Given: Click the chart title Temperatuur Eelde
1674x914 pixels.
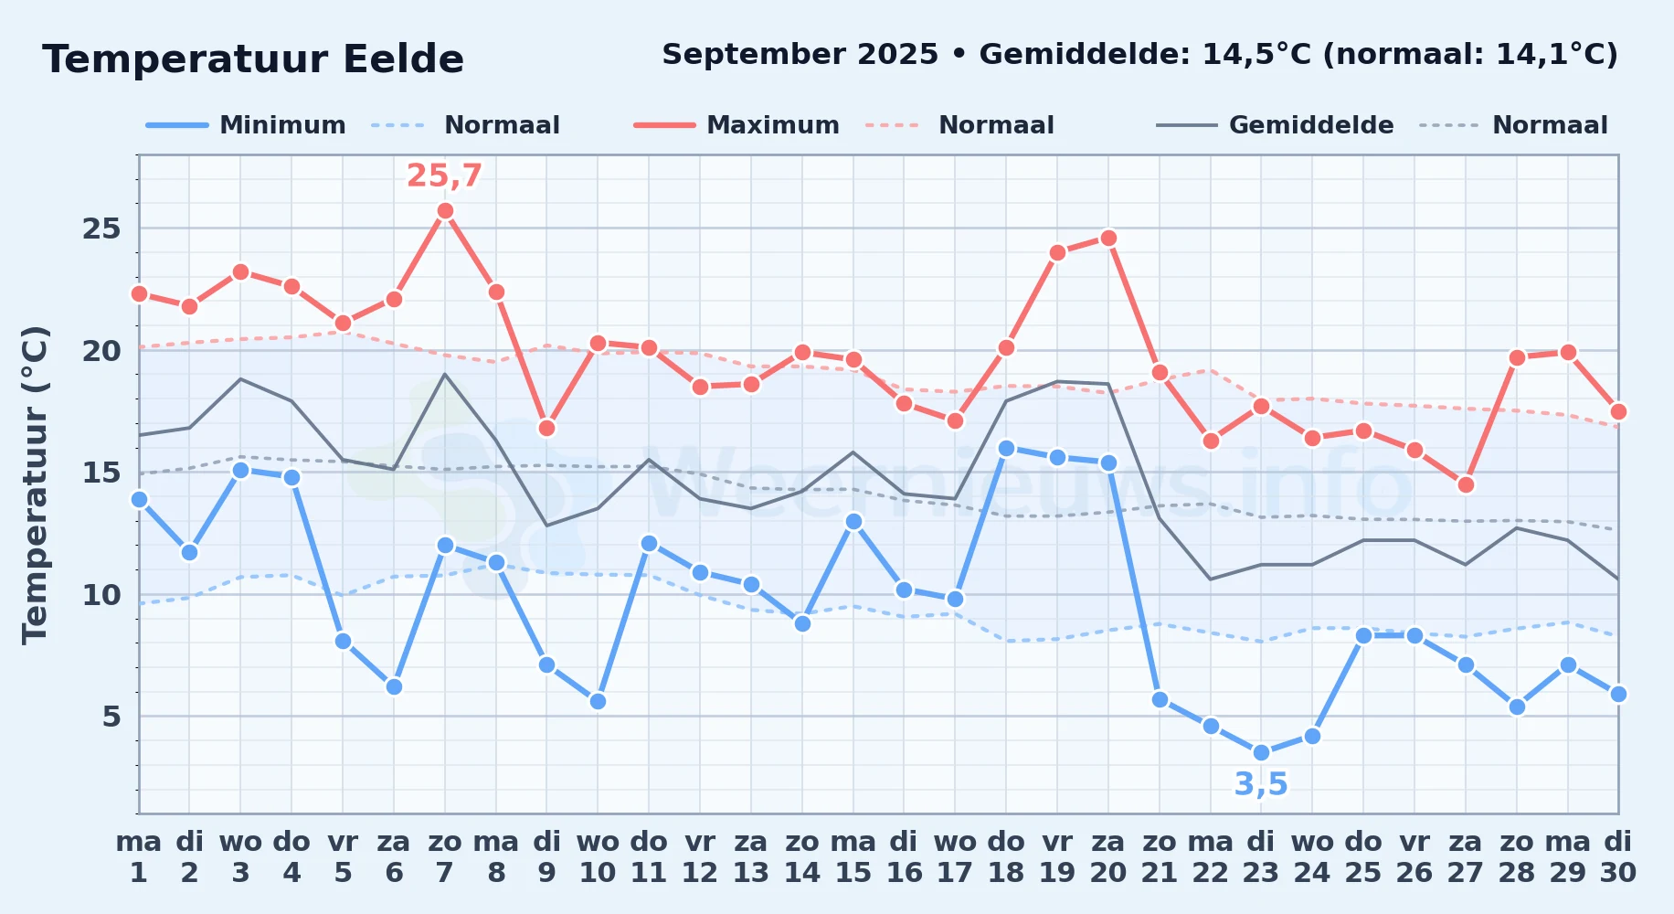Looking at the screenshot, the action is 253,59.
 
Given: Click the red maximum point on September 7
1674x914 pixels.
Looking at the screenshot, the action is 445,211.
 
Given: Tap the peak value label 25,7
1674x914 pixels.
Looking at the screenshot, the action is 444,175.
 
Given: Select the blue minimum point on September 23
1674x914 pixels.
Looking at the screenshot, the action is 1261,753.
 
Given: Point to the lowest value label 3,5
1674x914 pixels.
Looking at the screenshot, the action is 1261,784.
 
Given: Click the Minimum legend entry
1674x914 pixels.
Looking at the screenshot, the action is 246,125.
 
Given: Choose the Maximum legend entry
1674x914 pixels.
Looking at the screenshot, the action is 736,125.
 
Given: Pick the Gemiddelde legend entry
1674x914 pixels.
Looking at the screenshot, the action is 1275,125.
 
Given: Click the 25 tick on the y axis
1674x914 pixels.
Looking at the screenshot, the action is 101,228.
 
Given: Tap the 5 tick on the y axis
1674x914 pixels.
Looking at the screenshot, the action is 111,717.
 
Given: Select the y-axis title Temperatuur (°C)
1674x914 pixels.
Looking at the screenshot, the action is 35,484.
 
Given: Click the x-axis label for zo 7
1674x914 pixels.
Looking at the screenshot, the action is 445,857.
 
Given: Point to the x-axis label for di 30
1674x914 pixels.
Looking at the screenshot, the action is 1618,857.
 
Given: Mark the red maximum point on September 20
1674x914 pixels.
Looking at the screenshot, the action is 1108,239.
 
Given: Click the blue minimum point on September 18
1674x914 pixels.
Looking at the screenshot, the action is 1006,448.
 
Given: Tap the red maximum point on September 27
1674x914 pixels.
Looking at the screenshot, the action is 1466,484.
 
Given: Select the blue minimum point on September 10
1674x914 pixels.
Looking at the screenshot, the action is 598,702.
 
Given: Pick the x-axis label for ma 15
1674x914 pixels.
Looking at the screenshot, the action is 853,857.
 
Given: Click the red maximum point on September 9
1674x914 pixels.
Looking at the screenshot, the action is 546,429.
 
